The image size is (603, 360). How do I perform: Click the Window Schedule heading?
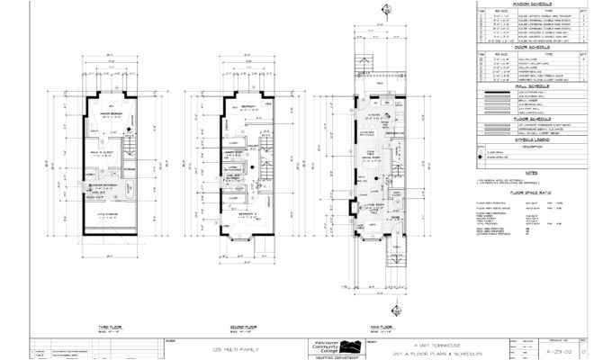(528, 4)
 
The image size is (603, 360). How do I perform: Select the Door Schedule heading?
(528, 48)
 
